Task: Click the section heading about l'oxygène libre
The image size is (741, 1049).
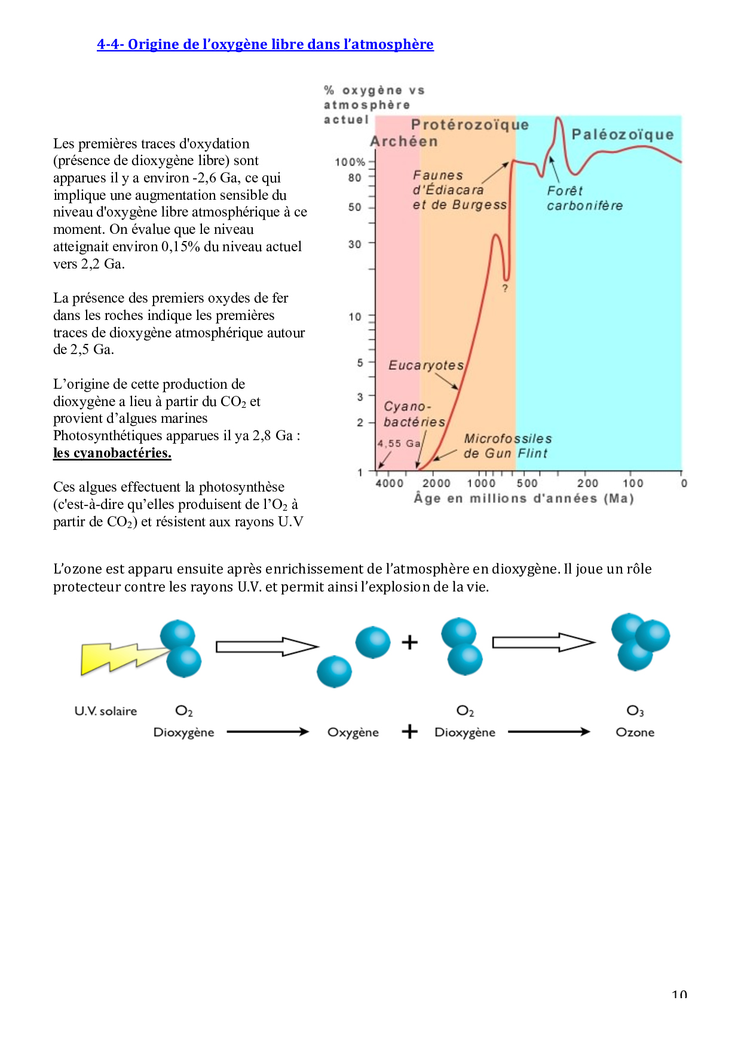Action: pos(265,44)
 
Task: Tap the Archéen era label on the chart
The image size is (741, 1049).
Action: pos(404,142)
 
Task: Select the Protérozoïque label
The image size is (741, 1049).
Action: pos(470,124)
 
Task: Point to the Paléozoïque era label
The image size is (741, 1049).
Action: pos(622,135)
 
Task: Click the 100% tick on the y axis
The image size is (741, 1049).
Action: pos(350,161)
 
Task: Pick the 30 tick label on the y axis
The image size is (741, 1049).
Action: pos(355,244)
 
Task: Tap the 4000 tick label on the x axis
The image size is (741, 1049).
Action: pos(390,483)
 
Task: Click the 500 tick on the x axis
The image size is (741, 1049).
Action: pos(527,483)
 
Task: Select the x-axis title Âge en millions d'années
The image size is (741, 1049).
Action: pos(523,498)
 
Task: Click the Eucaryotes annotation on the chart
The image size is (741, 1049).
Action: pos(426,365)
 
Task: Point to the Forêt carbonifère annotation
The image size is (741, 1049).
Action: pos(584,199)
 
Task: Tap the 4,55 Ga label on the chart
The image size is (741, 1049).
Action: pos(399,443)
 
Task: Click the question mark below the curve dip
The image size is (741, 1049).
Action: pos(505,288)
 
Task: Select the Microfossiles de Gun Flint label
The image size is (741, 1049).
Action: pos(507,446)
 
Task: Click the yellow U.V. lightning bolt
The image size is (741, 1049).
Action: pos(123,658)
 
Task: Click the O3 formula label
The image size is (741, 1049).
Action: pos(635,710)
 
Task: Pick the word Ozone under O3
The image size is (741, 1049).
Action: pos(635,733)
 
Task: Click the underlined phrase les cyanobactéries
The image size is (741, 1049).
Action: pos(112,453)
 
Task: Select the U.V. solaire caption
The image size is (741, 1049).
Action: pos(106,711)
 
